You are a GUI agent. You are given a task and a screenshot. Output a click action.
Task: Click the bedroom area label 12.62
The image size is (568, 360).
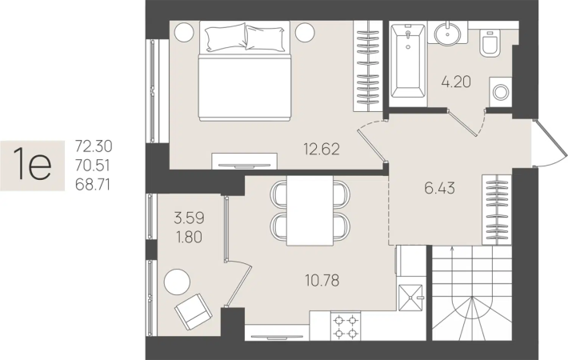pyautogui.click(x=322, y=149)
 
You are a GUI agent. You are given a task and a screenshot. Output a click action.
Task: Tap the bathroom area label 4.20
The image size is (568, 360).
pyautogui.click(x=456, y=82)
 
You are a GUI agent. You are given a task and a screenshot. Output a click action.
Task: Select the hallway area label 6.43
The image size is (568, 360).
pyautogui.click(x=440, y=188)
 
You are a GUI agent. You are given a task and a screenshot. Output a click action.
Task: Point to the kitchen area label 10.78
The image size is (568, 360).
pyautogui.click(x=322, y=280)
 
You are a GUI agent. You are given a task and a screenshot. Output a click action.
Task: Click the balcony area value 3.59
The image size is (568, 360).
pyautogui.click(x=189, y=218)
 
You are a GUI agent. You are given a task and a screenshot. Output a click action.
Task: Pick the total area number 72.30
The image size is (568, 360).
pyautogui.click(x=94, y=146)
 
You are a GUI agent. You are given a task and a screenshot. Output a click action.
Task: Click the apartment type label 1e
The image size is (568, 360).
pyautogui.click(x=32, y=165)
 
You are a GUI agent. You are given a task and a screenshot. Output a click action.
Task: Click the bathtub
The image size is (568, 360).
pyautogui.click(x=408, y=62)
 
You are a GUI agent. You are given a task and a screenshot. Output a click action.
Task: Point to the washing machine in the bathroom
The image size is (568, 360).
pyautogui.click(x=501, y=92)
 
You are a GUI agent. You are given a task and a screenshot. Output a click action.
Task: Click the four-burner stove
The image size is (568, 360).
pyautogui.click(x=346, y=326)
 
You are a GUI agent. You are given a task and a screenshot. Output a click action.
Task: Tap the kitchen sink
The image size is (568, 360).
pyautogui.click(x=410, y=298)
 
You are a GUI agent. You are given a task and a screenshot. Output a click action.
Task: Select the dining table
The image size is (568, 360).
pyautogui.click(x=310, y=210)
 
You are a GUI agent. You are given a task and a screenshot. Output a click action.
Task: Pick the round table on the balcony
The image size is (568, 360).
pyautogui.click(x=177, y=282)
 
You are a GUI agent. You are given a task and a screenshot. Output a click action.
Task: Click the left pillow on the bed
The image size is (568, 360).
pyautogui.click(x=226, y=37)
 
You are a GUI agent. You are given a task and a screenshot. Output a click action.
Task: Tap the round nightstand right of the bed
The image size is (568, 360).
pyautogui.click(x=305, y=32)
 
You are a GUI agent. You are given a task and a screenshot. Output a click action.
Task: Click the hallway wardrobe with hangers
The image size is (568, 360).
pyautogui.click(x=497, y=210)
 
